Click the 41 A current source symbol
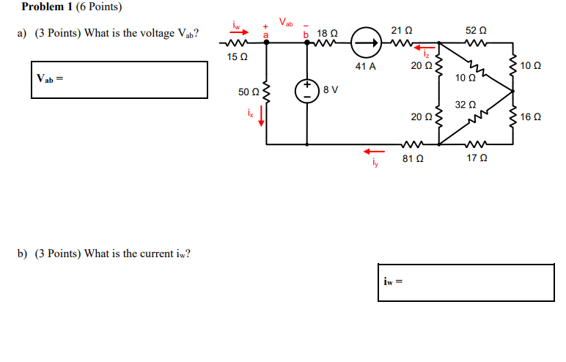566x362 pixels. [x=365, y=43]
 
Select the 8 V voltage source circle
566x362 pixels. [x=306, y=89]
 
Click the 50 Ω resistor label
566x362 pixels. [x=248, y=92]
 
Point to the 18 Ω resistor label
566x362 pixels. [x=327, y=34]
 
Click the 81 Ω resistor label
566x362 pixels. [x=411, y=158]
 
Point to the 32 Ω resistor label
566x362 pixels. [x=465, y=105]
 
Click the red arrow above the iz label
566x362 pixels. [x=423, y=49]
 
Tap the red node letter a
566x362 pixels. [x=265, y=34]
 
